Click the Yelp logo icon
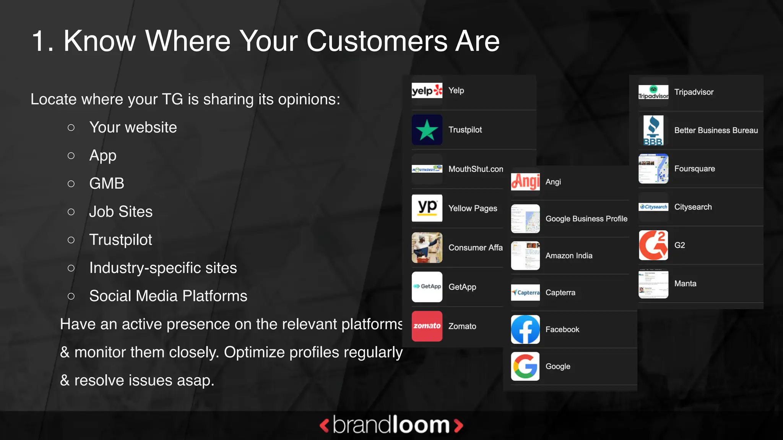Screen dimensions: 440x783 (427, 91)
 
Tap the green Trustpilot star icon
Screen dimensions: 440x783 (427, 130)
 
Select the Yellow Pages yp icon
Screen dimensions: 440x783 (427, 208)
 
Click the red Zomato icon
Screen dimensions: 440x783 (427, 326)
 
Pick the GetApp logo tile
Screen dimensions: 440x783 (427, 286)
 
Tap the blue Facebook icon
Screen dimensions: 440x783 (525, 329)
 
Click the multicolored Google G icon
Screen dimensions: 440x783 (525, 366)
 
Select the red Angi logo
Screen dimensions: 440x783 (525, 181)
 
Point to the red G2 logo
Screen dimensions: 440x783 (653, 245)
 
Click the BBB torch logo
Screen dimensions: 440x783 (653, 131)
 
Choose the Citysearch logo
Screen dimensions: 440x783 (653, 207)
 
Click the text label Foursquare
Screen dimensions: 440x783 (694, 169)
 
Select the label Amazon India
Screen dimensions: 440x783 (569, 256)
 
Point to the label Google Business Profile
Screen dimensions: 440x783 (586, 219)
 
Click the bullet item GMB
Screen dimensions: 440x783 (107, 183)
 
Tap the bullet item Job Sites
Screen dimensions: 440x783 (121, 212)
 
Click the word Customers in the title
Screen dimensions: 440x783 (377, 41)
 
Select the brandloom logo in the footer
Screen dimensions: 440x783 (391, 425)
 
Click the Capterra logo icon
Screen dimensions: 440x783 (525, 293)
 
